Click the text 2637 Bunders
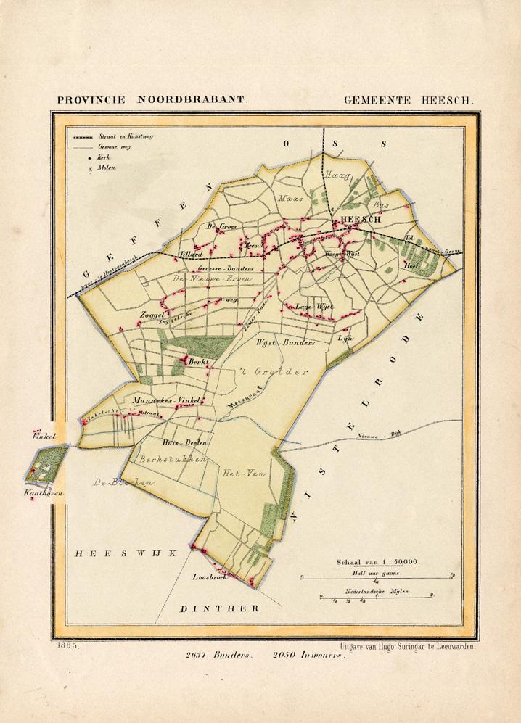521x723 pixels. (x=219, y=654)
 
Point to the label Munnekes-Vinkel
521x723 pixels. (x=166, y=400)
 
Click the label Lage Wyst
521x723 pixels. (x=313, y=307)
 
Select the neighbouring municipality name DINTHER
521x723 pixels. (x=220, y=608)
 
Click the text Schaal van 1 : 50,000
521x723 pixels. (x=377, y=562)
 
